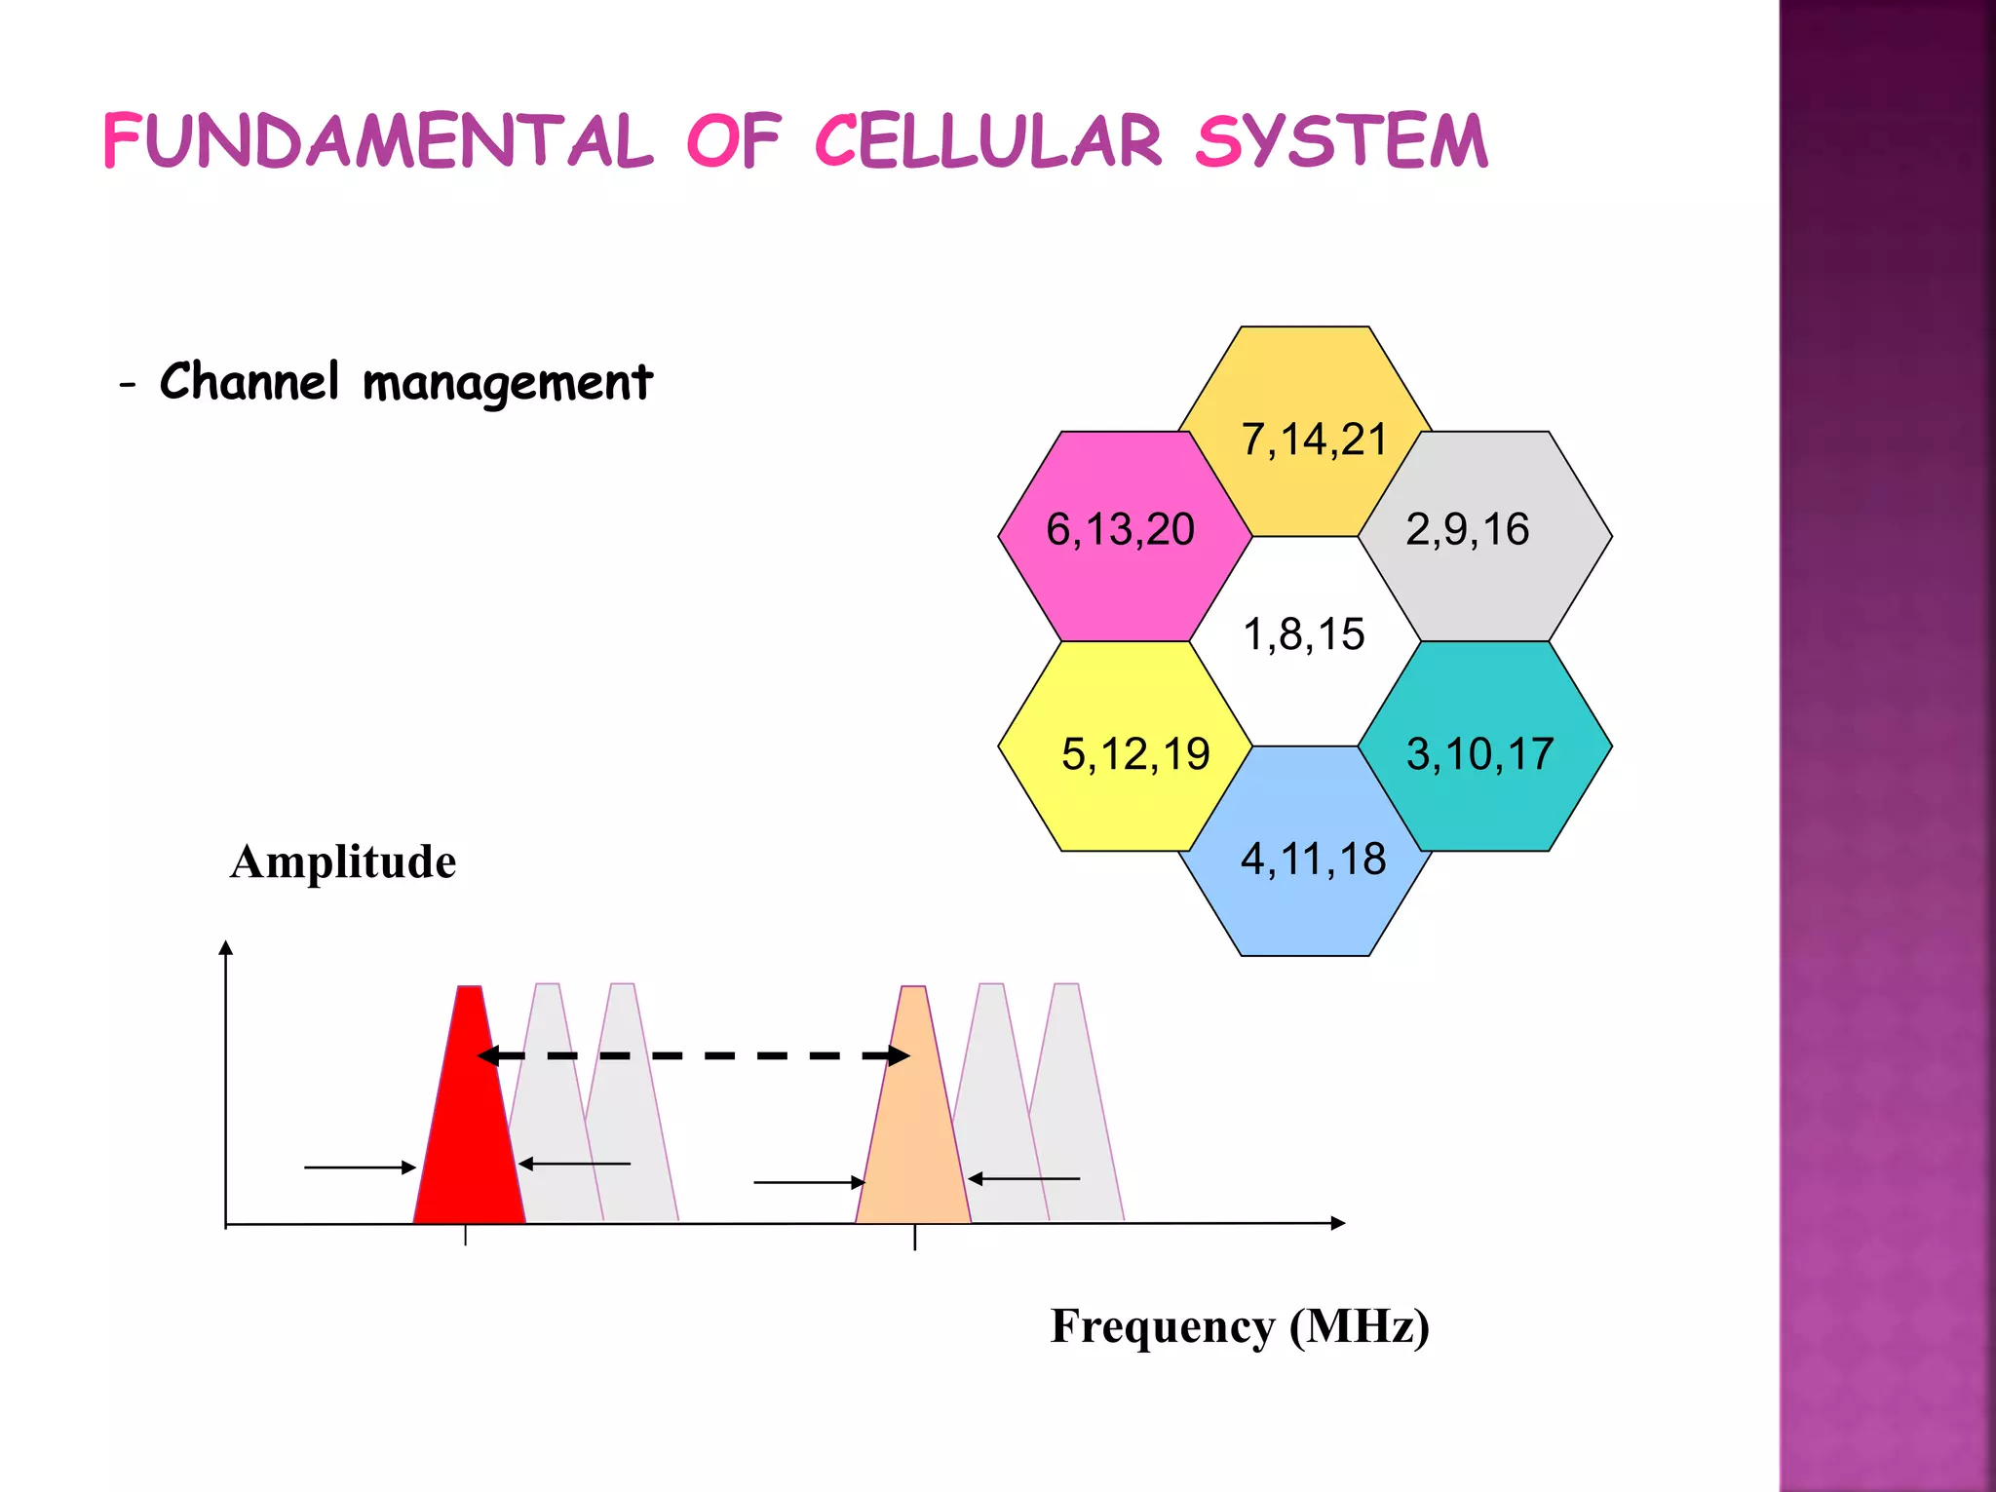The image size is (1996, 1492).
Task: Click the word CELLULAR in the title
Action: (x=987, y=142)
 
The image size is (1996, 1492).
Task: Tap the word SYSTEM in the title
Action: (x=1341, y=142)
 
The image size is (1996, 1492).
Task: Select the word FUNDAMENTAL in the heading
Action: (x=377, y=142)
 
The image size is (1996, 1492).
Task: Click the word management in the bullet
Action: (x=507, y=383)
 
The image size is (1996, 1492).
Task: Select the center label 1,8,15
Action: (x=1304, y=635)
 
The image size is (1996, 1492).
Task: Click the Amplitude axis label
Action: (x=343, y=862)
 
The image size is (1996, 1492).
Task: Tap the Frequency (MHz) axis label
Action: (x=1240, y=1327)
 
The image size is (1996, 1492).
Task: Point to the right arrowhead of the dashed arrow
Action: (x=898, y=1055)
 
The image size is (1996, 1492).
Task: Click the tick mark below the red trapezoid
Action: (x=466, y=1236)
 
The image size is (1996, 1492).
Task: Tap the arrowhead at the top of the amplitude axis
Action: (x=226, y=948)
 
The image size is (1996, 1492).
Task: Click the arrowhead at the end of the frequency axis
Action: (x=1338, y=1223)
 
